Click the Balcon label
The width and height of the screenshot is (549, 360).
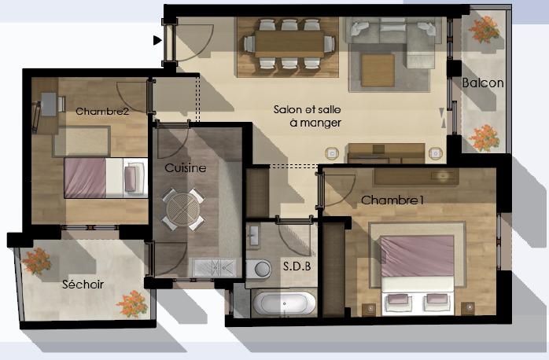coord(483,83)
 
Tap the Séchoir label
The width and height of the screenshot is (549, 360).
coord(83,284)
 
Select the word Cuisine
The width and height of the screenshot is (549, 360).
coord(185,168)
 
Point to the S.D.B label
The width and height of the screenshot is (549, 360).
coord(297,266)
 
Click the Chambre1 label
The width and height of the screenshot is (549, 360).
coord(392,200)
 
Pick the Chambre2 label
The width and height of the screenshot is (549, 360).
coord(102,112)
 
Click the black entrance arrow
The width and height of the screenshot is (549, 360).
coord(157,41)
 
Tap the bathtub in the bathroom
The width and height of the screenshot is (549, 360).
coord(284,303)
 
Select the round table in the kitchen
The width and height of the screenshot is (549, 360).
coord(183,210)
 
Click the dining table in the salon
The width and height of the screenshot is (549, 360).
coord(289,44)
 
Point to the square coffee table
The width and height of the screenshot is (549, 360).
coord(378,70)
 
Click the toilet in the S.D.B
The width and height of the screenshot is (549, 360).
coord(259,269)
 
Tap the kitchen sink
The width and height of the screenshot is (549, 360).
coord(214,267)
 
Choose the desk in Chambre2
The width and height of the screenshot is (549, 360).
coord(49,105)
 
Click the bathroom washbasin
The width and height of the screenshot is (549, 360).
coord(253,235)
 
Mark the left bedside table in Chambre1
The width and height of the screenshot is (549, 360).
coord(369,309)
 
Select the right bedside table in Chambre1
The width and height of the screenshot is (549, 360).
coord(468,308)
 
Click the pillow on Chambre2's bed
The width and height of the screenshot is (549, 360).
coord(131,178)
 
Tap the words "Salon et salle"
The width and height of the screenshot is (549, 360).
coord(307,109)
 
